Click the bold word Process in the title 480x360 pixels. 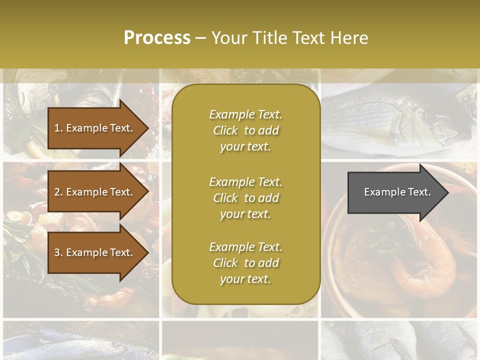(x=157, y=38)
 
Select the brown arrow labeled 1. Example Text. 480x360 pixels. (x=95, y=128)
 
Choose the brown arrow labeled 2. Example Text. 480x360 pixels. (x=95, y=192)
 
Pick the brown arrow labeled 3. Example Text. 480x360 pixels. (x=95, y=252)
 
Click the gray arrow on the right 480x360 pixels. (x=395, y=192)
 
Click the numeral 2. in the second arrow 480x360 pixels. (x=58, y=192)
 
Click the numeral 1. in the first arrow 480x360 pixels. (x=58, y=128)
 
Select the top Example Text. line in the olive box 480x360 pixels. (x=245, y=114)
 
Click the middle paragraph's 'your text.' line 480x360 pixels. (x=245, y=214)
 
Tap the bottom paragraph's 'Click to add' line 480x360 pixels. (x=245, y=263)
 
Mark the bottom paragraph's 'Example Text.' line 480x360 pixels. (x=245, y=247)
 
